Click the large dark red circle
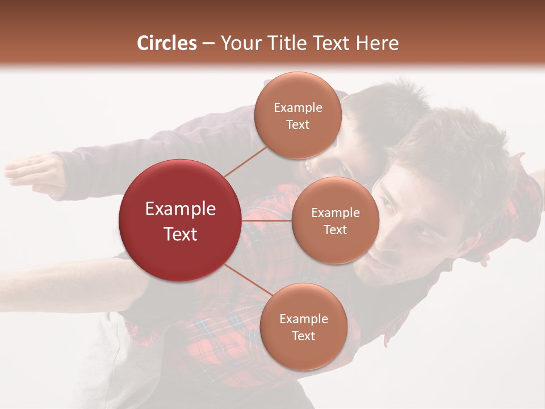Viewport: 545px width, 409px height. (x=180, y=220)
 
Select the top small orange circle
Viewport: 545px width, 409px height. (x=297, y=115)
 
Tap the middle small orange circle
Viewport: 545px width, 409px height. (x=335, y=220)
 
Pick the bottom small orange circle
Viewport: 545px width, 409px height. (x=303, y=327)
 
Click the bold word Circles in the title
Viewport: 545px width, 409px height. (x=167, y=43)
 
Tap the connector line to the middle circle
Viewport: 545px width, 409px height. (x=267, y=220)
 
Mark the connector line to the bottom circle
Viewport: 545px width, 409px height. (x=248, y=281)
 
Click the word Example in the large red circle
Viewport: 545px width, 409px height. (x=180, y=209)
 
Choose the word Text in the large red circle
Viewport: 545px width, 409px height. (x=180, y=234)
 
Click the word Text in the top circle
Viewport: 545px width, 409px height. (x=297, y=124)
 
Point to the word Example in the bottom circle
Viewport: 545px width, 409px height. (x=303, y=319)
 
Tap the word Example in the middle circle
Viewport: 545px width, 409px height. (x=335, y=213)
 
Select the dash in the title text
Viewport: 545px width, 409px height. (x=208, y=44)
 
